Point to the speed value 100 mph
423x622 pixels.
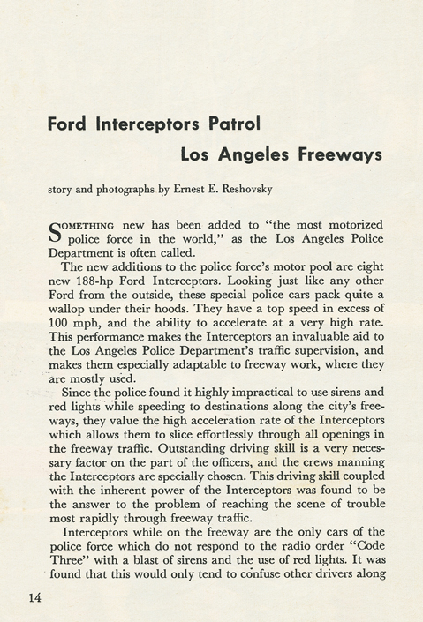pos(70,316)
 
